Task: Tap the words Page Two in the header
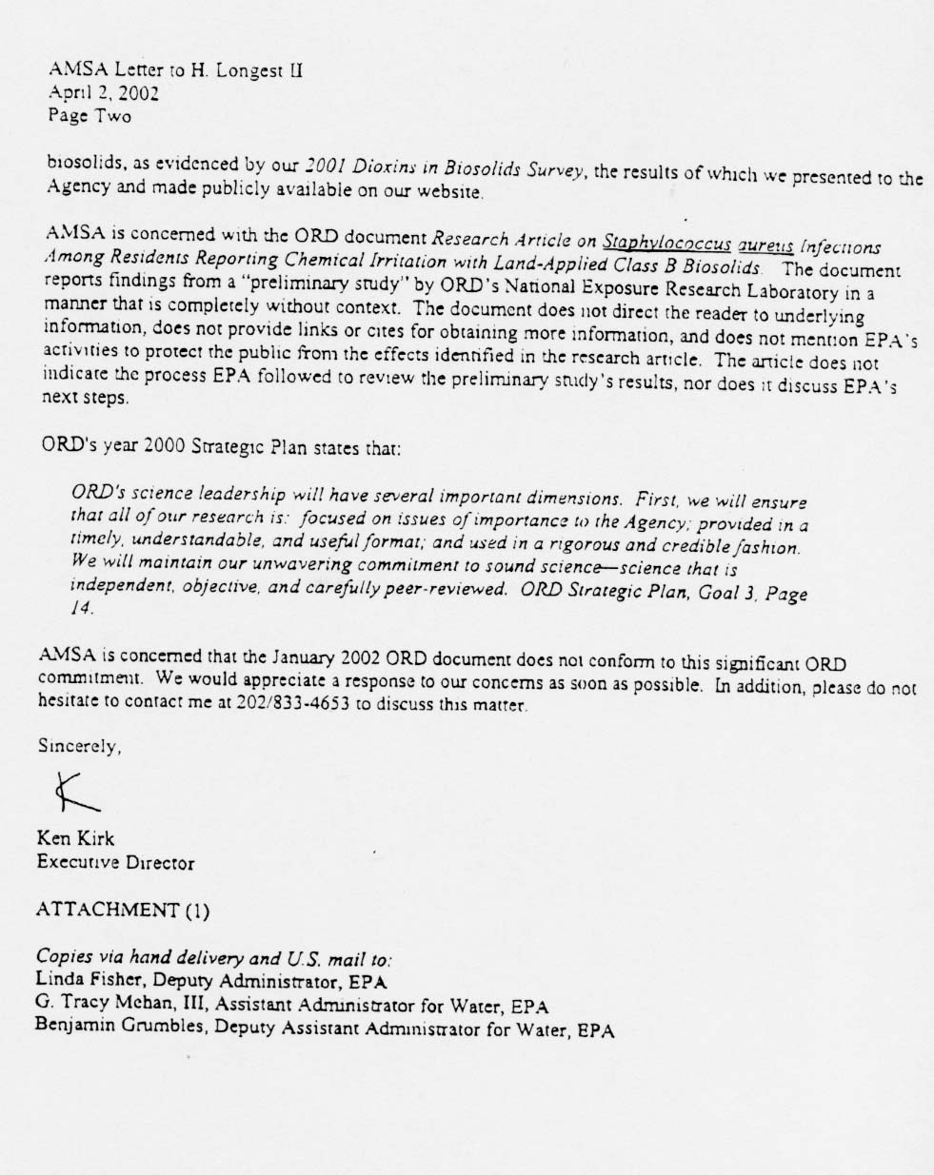(x=89, y=116)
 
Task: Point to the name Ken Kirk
(x=76, y=839)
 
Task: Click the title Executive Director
(x=115, y=863)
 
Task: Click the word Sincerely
(x=80, y=748)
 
